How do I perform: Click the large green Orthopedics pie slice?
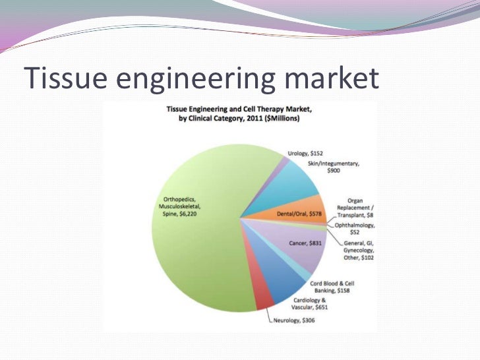click(198, 251)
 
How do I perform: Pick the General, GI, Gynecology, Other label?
click(359, 251)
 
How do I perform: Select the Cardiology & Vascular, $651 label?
click(310, 303)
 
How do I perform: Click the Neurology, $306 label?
click(300, 321)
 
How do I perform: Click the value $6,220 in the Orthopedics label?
click(196, 214)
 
